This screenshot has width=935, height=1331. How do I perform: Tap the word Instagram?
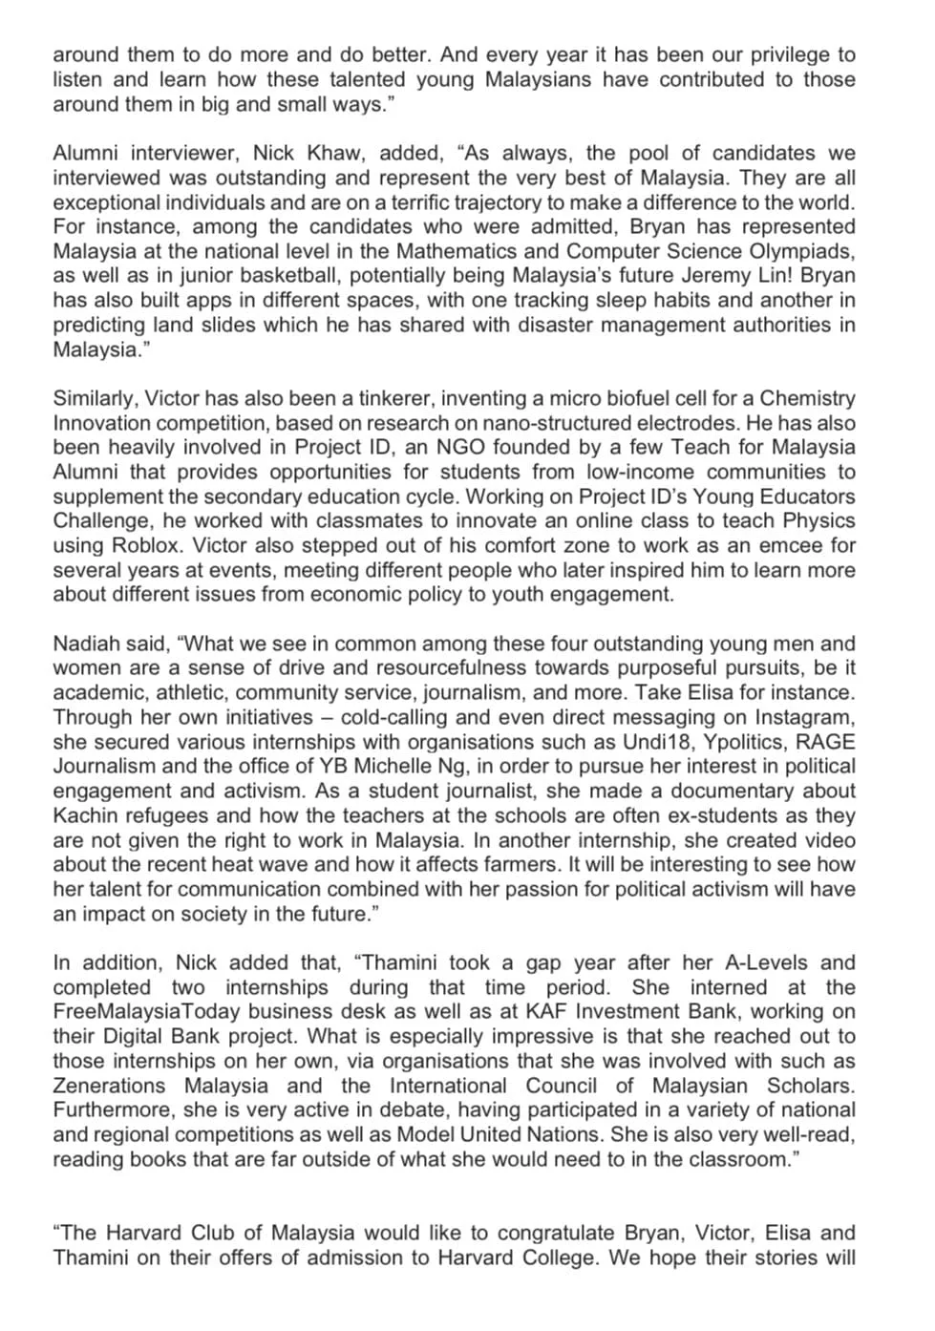(804, 717)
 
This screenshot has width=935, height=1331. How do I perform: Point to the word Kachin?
(85, 815)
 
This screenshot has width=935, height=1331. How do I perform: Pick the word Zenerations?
(109, 1086)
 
